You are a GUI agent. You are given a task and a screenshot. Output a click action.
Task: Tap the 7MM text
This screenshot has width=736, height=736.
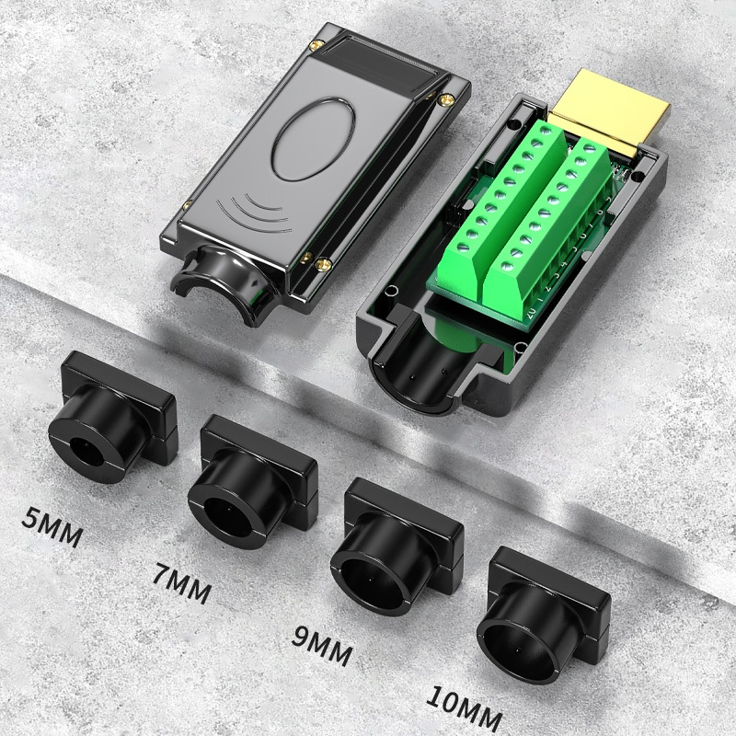click(x=181, y=583)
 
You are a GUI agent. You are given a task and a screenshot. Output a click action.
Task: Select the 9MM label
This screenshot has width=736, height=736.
click(x=322, y=647)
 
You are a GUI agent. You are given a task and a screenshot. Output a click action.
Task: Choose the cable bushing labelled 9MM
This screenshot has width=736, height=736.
click(x=397, y=546)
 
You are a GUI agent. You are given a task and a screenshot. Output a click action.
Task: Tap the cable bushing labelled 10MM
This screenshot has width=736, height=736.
click(x=544, y=615)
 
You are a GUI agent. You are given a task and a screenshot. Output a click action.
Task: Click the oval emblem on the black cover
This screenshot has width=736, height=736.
click(x=314, y=140)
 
